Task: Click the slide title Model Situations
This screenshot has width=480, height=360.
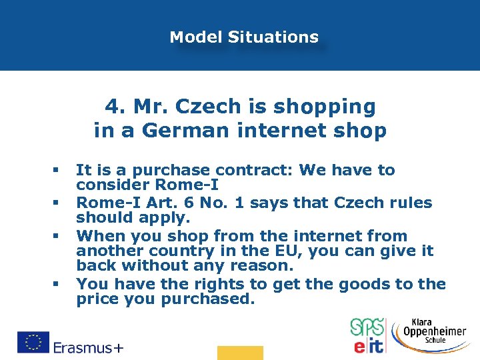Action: click(x=244, y=37)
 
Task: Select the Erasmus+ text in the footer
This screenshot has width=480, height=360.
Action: click(x=88, y=347)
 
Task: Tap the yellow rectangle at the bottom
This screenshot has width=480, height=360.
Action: click(x=240, y=353)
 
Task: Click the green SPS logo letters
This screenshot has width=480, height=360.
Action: click(x=367, y=328)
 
